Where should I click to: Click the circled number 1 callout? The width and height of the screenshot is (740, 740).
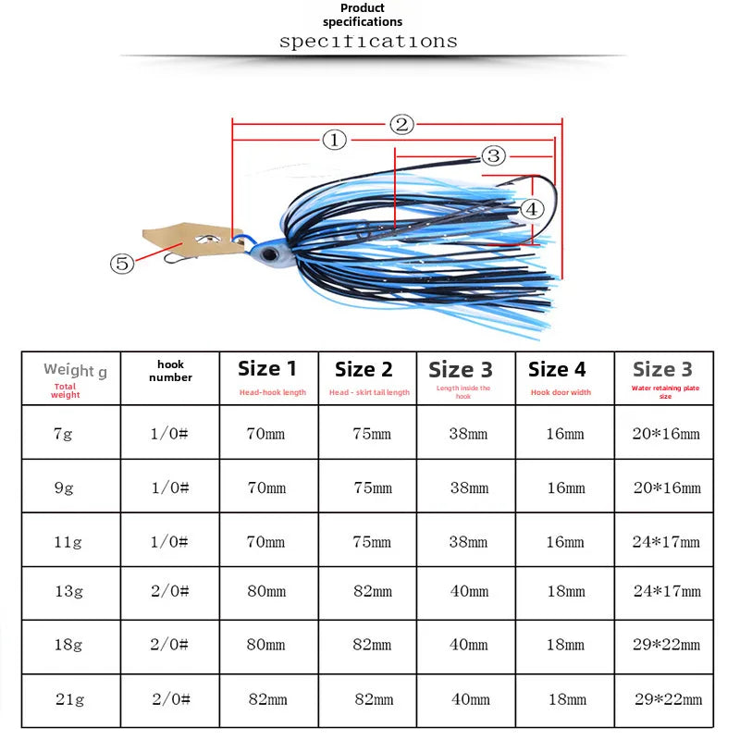pyautogui.click(x=334, y=141)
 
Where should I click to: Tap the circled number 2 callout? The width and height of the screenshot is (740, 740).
pyautogui.click(x=401, y=125)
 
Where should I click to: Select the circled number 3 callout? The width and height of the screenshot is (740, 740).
pyautogui.click(x=493, y=155)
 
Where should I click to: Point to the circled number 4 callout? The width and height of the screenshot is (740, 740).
pyautogui.click(x=532, y=209)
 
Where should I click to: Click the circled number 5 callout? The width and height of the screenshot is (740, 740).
pyautogui.click(x=122, y=264)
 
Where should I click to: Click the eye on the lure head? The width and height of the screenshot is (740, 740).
pyautogui.click(x=270, y=255)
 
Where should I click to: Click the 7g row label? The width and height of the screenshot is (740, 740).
pyautogui.click(x=63, y=433)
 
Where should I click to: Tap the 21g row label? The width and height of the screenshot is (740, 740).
pyautogui.click(x=70, y=699)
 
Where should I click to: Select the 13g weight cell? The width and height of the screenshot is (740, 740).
pyautogui.click(x=68, y=591)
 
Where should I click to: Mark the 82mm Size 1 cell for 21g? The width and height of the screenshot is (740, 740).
pyautogui.click(x=267, y=699)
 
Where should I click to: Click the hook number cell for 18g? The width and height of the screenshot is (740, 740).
pyautogui.click(x=169, y=645)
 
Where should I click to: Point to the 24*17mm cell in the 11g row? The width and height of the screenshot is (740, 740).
pyautogui.click(x=666, y=542)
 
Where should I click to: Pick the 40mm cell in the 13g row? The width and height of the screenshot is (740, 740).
pyautogui.click(x=469, y=591)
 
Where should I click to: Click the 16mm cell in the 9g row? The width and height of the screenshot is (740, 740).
pyautogui.click(x=566, y=488)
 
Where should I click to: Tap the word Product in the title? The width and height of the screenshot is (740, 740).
pyautogui.click(x=363, y=8)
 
